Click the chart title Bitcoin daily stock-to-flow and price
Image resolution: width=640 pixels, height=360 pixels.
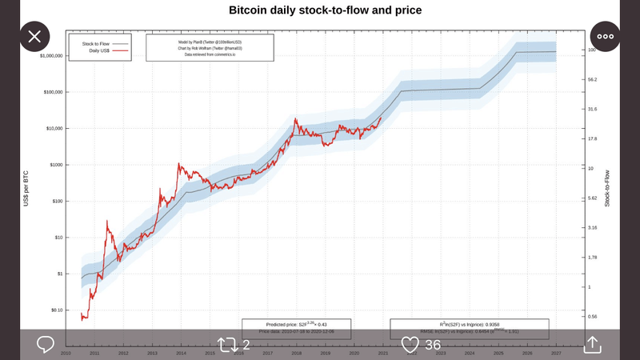[326, 10]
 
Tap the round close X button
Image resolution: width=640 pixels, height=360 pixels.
[34, 36]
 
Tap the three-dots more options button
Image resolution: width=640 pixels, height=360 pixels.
[606, 36]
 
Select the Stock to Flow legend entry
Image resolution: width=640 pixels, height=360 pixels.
[94, 43]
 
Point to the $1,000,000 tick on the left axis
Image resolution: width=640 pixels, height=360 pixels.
[52, 56]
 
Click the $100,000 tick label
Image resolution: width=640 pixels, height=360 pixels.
[54, 92]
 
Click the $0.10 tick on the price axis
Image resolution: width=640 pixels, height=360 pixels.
[56, 310]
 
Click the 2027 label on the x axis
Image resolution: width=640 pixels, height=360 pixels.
[556, 353]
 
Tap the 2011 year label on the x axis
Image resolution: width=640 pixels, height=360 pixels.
[94, 353]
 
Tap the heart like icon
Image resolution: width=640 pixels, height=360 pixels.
[410, 345]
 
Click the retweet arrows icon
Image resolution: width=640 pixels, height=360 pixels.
[227, 345]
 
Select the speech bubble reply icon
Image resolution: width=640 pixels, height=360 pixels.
[46, 345]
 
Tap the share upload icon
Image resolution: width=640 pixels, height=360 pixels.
[592, 344]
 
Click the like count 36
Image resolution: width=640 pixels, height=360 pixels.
[433, 345]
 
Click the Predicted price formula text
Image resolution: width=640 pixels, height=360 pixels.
[296, 322]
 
